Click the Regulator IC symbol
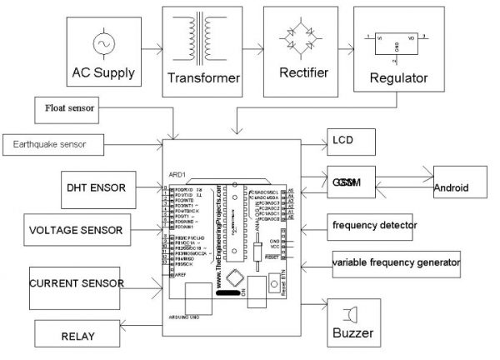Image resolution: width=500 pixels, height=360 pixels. tap(393, 43)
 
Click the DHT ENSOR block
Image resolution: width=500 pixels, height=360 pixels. tap(96, 188)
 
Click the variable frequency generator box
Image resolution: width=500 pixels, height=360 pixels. tap(395, 262)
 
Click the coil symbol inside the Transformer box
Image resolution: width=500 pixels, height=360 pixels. tap(205, 40)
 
